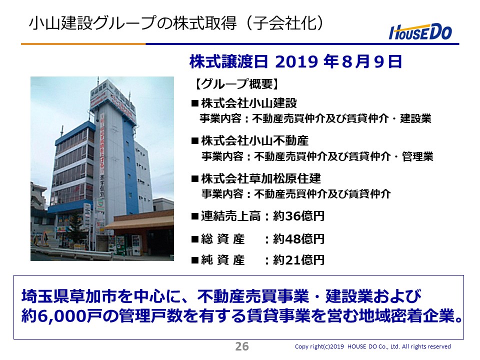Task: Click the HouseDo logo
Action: click(x=420, y=32)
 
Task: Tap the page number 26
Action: click(x=242, y=346)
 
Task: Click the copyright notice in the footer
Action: click(x=372, y=346)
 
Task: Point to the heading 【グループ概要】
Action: click(x=237, y=84)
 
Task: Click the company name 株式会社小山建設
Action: click(x=249, y=103)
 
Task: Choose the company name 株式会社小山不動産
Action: click(x=254, y=141)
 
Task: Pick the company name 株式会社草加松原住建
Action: click(x=261, y=178)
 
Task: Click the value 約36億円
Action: click(x=298, y=216)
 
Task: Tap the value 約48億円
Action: click(x=298, y=239)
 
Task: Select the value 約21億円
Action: click(x=298, y=260)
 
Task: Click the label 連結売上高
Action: click(x=231, y=216)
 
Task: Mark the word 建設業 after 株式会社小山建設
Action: click(x=415, y=118)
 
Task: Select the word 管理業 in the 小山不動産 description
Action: click(x=417, y=156)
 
